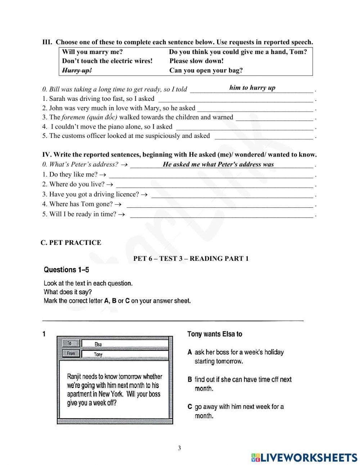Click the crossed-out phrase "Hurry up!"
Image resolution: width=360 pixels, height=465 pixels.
pos(77,71)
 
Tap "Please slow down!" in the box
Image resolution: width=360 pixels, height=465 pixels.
pos(196,61)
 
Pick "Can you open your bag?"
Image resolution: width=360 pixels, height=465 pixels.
pos(206,71)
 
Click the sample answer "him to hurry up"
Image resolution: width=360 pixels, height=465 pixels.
pos(252,88)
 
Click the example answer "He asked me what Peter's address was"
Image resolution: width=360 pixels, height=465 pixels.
pos(218,165)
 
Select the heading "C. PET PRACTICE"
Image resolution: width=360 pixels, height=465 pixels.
pos(71,243)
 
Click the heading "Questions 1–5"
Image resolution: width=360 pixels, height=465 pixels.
pos(66,270)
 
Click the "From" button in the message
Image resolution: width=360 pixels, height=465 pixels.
pos(71,353)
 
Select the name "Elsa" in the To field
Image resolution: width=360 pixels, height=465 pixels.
pos(98,344)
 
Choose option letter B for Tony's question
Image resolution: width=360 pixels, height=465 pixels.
pos(190,380)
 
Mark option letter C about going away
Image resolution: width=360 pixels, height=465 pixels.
pos(190,407)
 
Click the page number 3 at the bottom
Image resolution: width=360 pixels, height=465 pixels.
pos(179,448)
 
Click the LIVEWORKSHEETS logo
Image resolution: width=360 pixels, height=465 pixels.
pos(304,457)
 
